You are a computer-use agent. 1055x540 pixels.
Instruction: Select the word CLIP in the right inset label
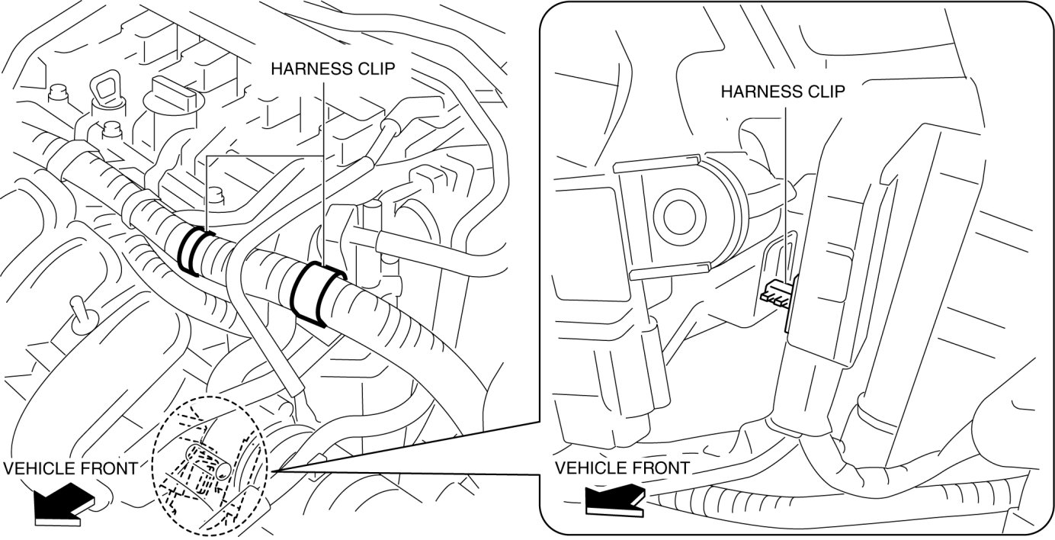826,92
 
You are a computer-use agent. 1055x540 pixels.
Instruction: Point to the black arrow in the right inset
614,500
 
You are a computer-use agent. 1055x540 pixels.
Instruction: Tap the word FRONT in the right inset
664,468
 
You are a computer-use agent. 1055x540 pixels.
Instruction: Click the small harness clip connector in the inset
778,294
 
